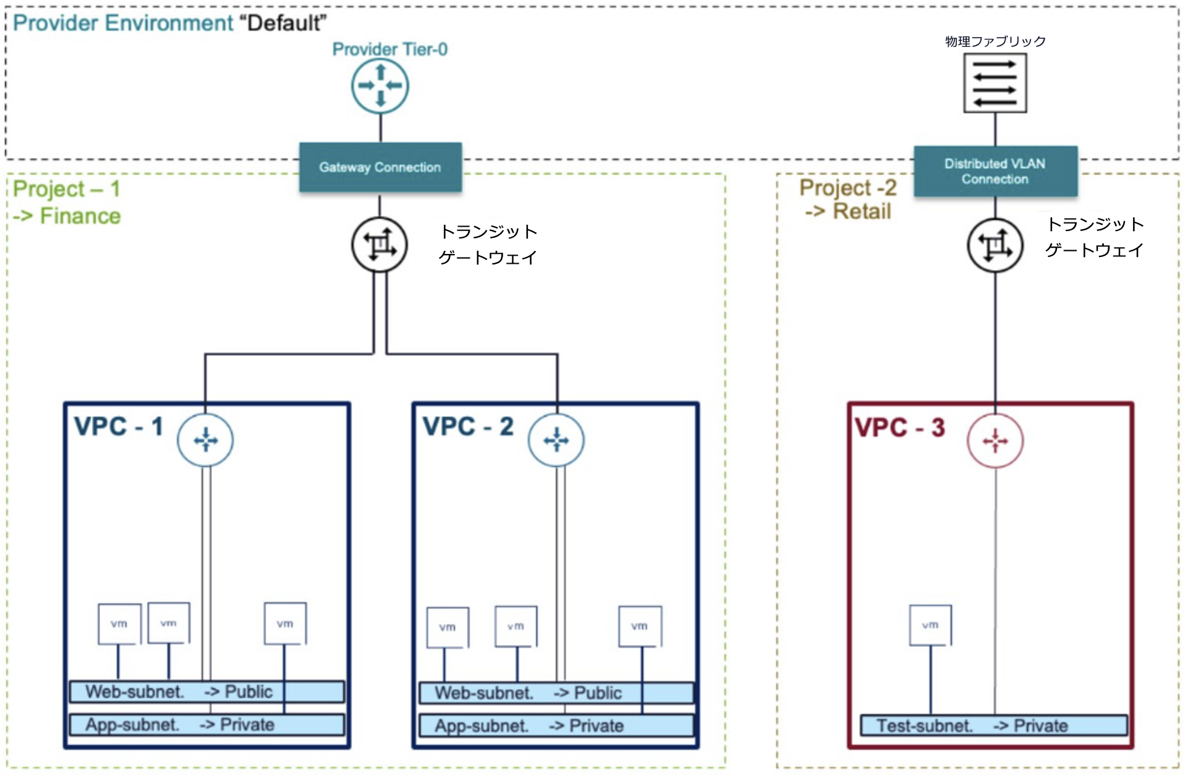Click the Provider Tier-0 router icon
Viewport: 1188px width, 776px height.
(x=380, y=86)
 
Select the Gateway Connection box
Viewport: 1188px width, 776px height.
(x=380, y=167)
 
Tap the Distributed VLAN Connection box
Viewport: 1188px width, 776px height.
(x=995, y=171)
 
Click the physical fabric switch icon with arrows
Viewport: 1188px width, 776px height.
(x=995, y=83)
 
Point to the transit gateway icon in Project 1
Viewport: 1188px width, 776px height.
(x=380, y=245)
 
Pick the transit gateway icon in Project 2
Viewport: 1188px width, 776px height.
(x=995, y=245)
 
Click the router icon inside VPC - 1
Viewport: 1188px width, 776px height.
(x=205, y=440)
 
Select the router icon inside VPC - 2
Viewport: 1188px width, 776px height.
(x=556, y=440)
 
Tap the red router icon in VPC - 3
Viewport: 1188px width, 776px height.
(x=995, y=441)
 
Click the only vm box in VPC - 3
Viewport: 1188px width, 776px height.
(x=930, y=625)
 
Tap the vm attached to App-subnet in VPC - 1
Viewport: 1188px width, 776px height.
(x=285, y=624)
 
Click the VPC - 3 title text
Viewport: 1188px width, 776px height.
(x=900, y=428)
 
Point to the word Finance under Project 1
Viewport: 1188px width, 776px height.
(x=80, y=216)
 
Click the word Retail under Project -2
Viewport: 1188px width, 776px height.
(x=862, y=211)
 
